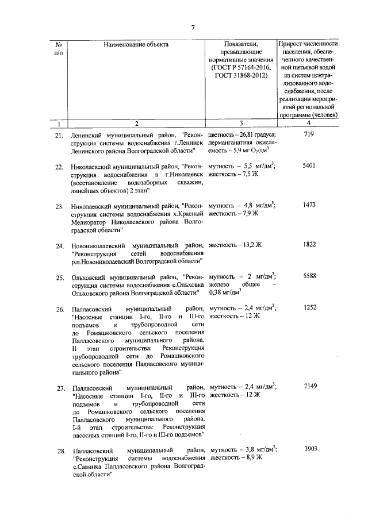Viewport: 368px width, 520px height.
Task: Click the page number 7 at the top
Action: [194, 27]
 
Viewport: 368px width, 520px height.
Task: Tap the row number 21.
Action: [59, 136]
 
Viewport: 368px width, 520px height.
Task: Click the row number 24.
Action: [59, 247]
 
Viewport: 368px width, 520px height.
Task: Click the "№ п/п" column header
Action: [59, 48]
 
